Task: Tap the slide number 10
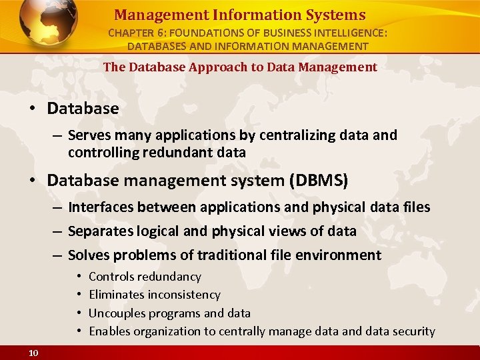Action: [33, 353]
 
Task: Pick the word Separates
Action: [101, 231]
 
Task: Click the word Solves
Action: [89, 255]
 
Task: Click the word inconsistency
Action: [184, 294]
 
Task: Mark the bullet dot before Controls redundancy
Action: [79, 276]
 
